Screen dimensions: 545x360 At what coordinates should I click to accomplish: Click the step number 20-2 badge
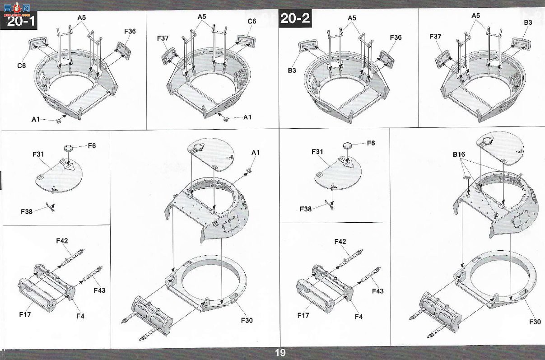pos(295,18)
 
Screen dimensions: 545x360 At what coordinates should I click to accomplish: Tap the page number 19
pos(280,353)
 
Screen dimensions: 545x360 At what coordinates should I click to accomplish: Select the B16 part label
pos(459,154)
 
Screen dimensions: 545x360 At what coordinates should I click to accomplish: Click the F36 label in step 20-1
pos(130,31)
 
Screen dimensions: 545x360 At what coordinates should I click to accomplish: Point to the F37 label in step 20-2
pos(435,37)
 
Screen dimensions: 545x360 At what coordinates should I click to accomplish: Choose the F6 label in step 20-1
pos(92,146)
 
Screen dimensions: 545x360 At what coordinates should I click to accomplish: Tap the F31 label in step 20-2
pos(317,152)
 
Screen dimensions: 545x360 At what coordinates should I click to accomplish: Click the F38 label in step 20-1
pos(27,211)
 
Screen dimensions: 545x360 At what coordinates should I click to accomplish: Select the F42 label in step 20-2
pos(340,242)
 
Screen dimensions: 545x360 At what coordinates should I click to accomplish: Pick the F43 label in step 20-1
pos(99,290)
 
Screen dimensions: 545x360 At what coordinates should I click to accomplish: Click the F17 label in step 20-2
pos(303,315)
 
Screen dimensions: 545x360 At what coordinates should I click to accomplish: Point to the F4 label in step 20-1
pos(80,316)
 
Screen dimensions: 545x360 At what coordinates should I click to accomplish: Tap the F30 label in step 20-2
pos(535,322)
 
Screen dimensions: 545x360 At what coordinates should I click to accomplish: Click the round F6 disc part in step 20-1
pos(68,148)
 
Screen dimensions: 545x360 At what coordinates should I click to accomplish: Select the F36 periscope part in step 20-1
pos(123,51)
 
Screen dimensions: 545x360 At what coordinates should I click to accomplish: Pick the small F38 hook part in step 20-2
pos(329,205)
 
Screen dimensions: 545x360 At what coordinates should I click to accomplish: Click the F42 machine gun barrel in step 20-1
pos(73,258)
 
